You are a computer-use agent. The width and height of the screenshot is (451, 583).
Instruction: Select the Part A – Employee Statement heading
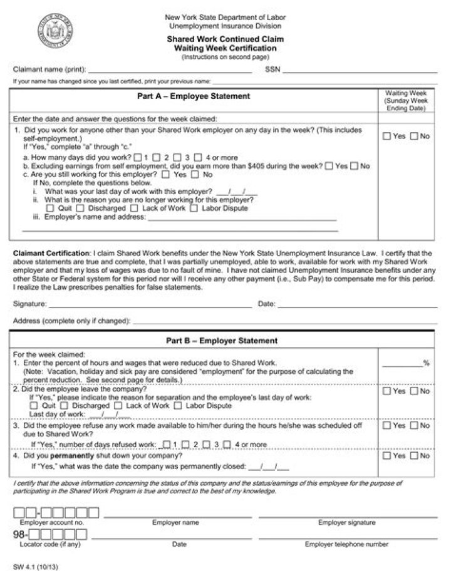tap(194, 96)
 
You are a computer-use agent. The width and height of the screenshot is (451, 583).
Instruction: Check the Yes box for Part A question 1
tap(386, 136)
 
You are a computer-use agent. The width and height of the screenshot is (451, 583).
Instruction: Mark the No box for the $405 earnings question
tap(355, 166)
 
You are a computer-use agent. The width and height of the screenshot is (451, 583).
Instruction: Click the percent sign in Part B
tap(427, 363)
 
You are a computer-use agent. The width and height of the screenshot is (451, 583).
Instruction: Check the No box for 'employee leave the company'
tap(414, 391)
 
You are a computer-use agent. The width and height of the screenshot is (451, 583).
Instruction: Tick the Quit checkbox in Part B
tap(34, 406)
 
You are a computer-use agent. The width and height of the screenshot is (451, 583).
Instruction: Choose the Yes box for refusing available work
tap(386, 426)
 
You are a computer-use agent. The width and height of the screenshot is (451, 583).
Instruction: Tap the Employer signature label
tap(346, 522)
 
